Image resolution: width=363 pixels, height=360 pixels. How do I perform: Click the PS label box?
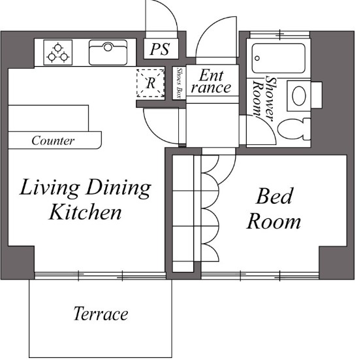click(x=161, y=48)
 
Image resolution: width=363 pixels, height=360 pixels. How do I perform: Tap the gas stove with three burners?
click(x=58, y=52)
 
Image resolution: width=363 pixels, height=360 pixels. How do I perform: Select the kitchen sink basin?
click(x=108, y=52)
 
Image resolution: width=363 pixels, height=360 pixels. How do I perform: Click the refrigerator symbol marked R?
click(x=150, y=83)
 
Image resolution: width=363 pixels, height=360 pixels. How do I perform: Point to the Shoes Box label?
click(x=179, y=83)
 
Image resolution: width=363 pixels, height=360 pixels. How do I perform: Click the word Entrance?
click(x=211, y=82)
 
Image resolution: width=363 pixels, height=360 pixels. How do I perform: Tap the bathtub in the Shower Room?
click(x=278, y=58)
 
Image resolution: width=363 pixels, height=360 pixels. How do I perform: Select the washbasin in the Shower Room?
click(x=299, y=95)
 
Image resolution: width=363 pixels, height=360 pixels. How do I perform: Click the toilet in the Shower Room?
click(x=294, y=129)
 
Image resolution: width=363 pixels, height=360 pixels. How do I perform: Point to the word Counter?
click(x=53, y=140)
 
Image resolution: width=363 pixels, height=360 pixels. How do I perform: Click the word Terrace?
click(x=101, y=314)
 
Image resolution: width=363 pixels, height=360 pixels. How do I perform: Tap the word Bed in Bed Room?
click(x=275, y=196)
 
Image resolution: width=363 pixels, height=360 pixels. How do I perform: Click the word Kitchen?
click(x=85, y=212)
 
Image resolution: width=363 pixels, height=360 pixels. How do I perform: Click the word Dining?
click(x=118, y=188)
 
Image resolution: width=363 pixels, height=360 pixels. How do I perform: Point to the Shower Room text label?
click(x=264, y=98)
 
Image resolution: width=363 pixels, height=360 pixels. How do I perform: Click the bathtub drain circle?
click(x=257, y=58)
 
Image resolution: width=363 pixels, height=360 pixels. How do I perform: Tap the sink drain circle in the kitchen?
click(x=108, y=47)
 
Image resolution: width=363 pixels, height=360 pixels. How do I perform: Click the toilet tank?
click(x=307, y=129)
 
